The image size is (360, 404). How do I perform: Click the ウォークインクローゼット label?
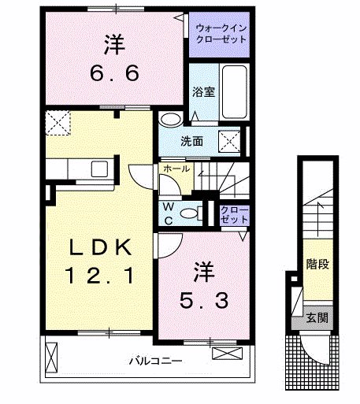(x=221, y=34)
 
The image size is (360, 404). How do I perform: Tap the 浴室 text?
(x=203, y=91)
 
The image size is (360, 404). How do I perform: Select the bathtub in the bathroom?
(x=234, y=91)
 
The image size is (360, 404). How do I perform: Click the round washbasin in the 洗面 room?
(x=171, y=120)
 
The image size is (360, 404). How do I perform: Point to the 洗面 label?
(x=191, y=142)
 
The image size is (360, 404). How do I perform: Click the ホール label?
(x=176, y=169)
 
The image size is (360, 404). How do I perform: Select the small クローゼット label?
(x=234, y=215)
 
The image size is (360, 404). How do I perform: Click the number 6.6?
(x=114, y=73)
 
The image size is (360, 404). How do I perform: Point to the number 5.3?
(x=204, y=301)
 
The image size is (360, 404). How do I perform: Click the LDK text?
(x=100, y=247)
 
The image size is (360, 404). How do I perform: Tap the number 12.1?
(x=100, y=275)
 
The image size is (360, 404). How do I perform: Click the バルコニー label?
(x=155, y=361)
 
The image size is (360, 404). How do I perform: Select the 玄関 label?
(x=317, y=318)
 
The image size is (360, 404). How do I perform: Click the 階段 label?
(x=317, y=264)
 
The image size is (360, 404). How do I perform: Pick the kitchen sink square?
(x=99, y=169)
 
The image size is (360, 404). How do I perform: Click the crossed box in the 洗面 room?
(x=229, y=142)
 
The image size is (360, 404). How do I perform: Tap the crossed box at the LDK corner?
(x=58, y=123)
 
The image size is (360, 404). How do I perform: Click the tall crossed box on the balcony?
(x=51, y=358)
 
